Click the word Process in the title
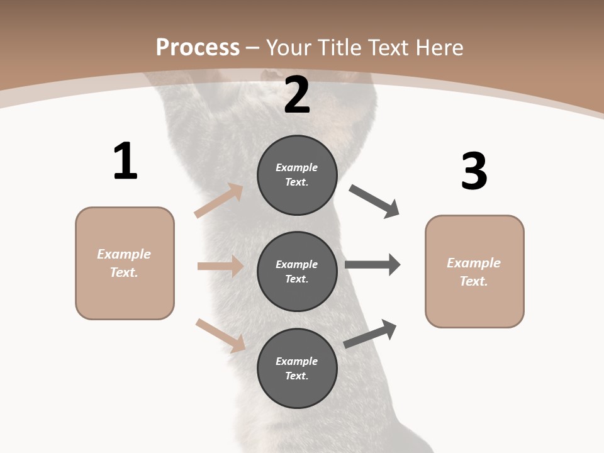point(198,47)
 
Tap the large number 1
point(125,161)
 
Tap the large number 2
point(297,95)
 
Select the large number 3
point(474,171)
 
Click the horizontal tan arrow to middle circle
point(220,266)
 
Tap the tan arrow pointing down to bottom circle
point(220,335)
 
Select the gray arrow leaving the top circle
point(374,201)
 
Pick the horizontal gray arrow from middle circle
point(372,264)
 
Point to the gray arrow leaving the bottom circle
point(371,334)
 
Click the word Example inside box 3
point(474,263)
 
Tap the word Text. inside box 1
point(124,272)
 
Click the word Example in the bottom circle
point(297,361)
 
